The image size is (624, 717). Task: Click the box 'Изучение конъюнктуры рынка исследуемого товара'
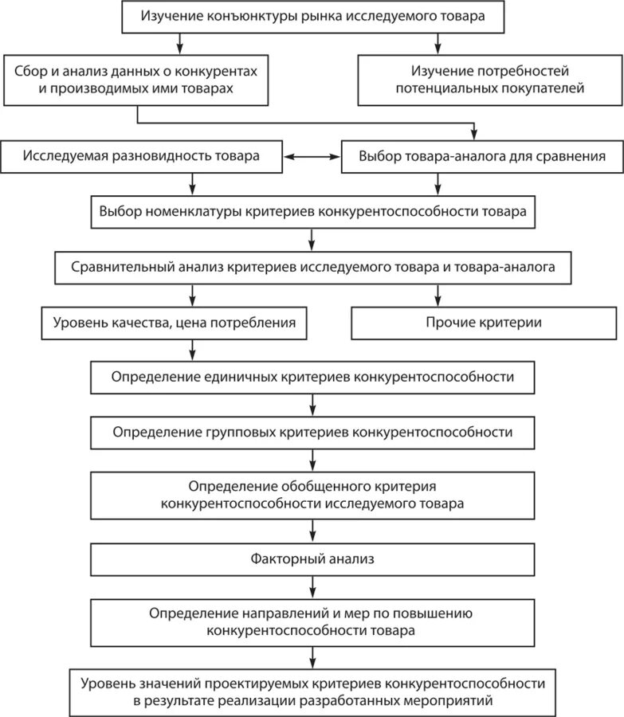[x=312, y=16]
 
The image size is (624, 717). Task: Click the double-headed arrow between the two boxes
[x=312, y=157]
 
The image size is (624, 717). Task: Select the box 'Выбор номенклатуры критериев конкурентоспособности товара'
[x=312, y=213]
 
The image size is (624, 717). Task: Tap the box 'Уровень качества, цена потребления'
[x=175, y=323]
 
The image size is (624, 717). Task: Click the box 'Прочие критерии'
[x=484, y=323]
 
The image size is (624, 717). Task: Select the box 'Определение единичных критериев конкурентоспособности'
[x=312, y=377]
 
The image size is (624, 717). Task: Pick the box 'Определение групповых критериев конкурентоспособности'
[x=312, y=432]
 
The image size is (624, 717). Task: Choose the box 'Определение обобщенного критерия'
[x=312, y=495]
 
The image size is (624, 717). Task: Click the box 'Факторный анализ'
[x=312, y=558]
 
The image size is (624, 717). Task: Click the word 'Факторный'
[x=285, y=558]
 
